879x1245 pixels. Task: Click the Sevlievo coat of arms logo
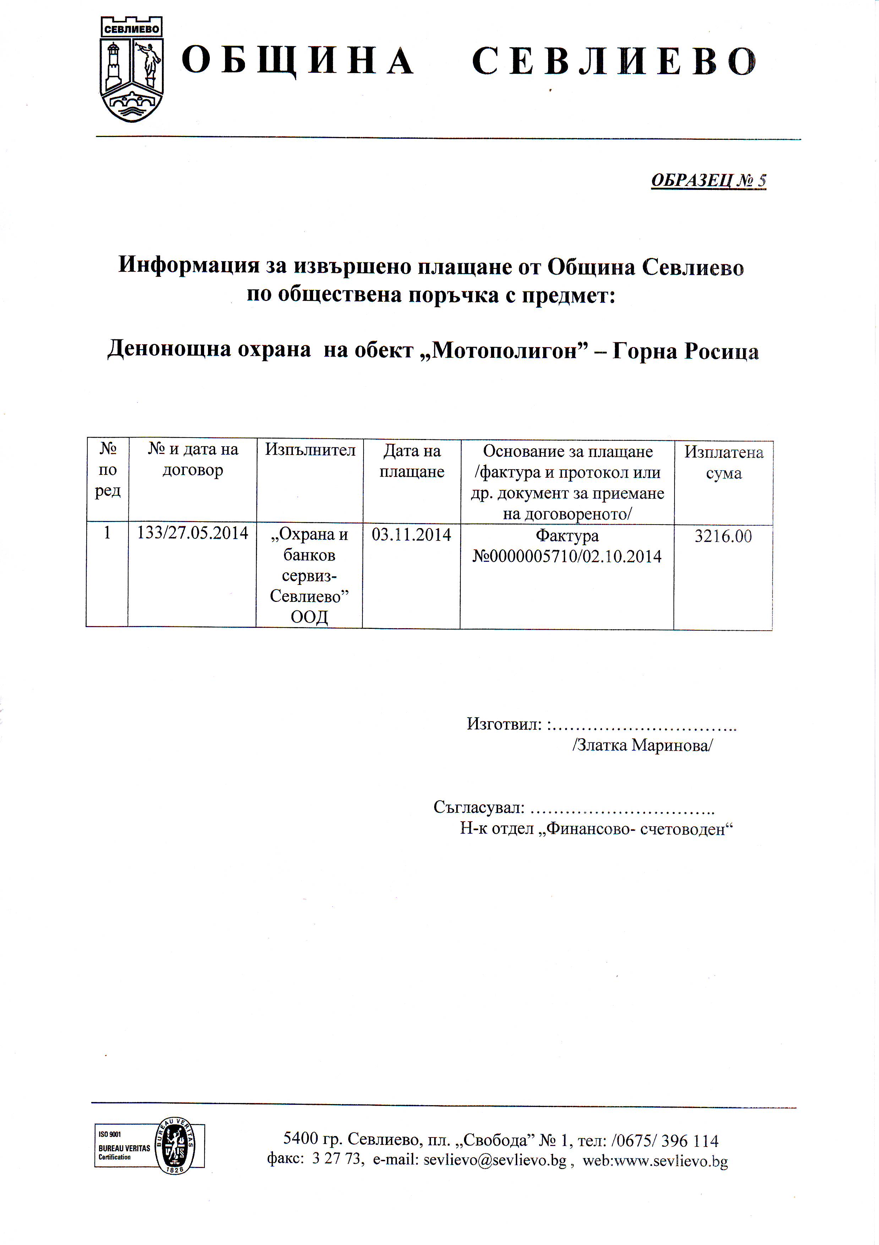tap(132, 69)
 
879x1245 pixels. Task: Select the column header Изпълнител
tap(310, 450)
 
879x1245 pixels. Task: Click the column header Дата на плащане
tap(411, 461)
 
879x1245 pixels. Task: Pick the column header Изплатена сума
tap(724, 462)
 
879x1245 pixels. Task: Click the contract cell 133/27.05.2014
tap(192, 533)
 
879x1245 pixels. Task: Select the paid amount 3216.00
tap(724, 536)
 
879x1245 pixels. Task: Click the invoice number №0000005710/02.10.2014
tap(567, 557)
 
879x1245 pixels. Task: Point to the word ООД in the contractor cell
tap(309, 617)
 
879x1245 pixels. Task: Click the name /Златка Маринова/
tap(643, 746)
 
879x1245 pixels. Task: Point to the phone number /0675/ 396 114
tap(665, 1140)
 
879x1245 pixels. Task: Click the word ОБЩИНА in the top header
tap(297, 61)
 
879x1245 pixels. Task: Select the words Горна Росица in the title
tap(686, 351)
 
